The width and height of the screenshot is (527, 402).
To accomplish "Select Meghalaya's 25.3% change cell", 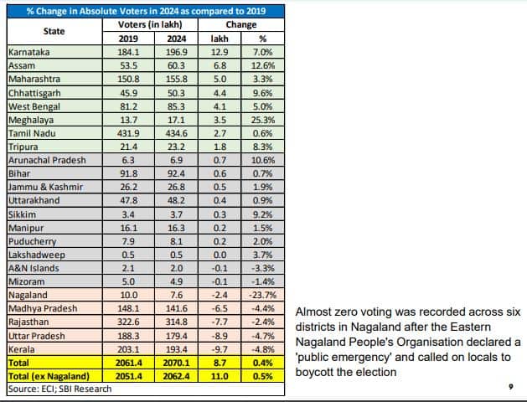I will click(262, 120).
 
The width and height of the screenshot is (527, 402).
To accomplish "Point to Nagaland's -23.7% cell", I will click(261, 295).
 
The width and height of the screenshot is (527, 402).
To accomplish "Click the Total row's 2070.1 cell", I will click(177, 362).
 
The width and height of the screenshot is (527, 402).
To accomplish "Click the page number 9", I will click(509, 386).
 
